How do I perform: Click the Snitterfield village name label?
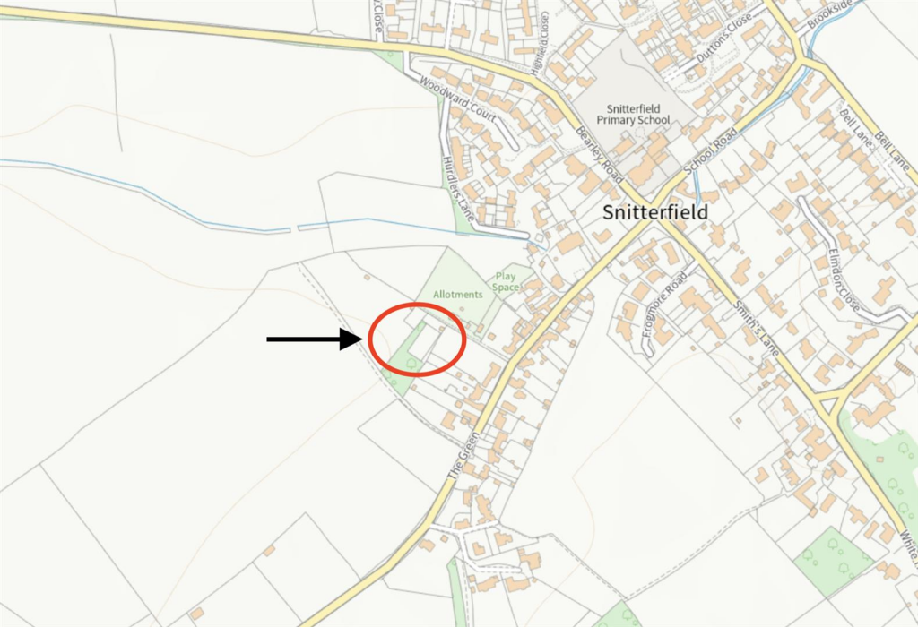(x=654, y=212)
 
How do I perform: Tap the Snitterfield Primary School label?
(x=635, y=114)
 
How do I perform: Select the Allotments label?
(x=458, y=294)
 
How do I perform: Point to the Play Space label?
(x=507, y=281)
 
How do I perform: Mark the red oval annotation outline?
(x=370, y=339)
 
